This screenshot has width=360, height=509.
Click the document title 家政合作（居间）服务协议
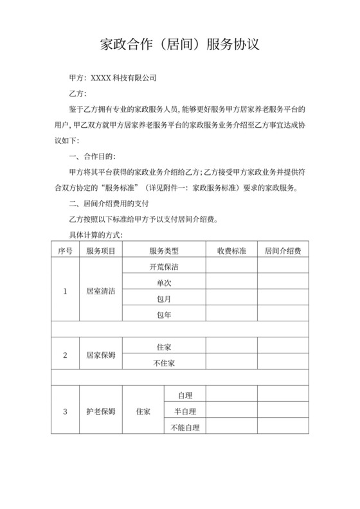180,45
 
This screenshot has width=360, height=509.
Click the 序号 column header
65,250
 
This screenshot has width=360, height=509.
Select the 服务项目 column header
100,250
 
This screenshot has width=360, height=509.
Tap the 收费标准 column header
231,250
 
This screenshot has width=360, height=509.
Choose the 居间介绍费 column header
283,250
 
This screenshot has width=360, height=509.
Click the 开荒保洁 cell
164,266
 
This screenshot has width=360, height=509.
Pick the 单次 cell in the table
164,282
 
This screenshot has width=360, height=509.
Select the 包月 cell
164,298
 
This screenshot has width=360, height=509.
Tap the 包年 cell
164,314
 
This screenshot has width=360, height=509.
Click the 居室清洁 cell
100,290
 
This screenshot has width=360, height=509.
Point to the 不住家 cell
164,362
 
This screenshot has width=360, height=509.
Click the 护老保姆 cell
100,411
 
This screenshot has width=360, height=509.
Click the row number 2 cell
65,355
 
